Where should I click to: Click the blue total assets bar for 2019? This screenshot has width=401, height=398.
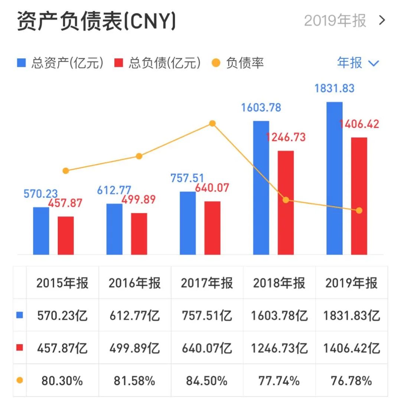334,178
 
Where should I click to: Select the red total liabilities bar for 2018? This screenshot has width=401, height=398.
286,202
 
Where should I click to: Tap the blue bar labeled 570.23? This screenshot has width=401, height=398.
41,231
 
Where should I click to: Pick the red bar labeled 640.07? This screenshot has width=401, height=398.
212,228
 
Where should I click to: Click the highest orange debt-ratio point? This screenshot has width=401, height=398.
212,123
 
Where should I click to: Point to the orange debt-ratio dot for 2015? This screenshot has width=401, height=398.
66,171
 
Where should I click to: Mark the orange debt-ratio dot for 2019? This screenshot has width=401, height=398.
359,211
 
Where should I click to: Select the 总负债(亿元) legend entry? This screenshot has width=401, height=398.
157,63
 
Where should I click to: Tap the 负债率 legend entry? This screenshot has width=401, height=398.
238,63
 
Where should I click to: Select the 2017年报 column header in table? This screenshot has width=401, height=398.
207,283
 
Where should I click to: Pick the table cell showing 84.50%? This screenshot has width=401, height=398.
207,381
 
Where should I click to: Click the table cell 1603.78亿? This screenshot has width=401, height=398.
279,316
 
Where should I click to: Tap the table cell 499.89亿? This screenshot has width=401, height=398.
134,348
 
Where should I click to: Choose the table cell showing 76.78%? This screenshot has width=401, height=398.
351,381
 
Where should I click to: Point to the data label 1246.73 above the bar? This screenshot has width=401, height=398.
286,137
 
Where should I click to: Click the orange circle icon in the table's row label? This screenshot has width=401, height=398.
20,381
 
